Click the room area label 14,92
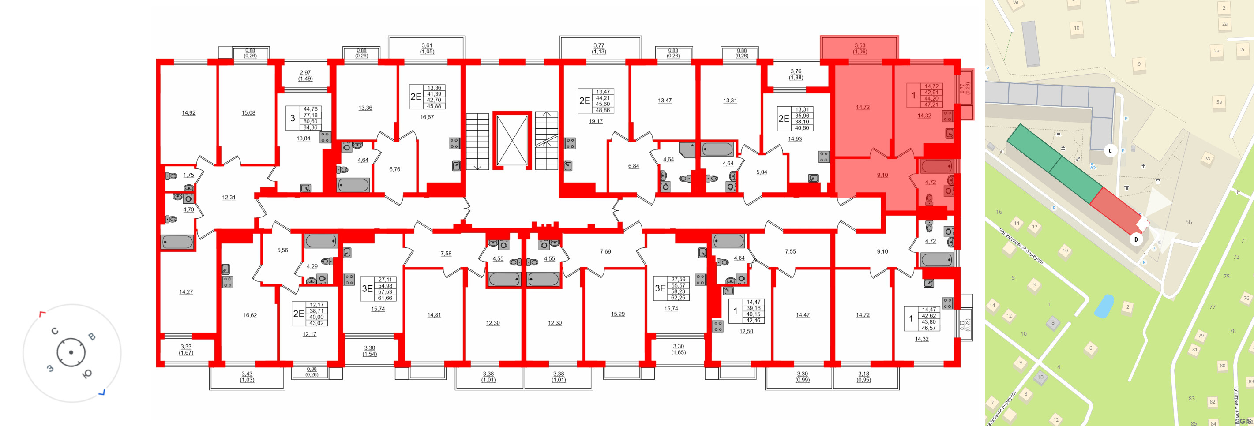[x=188, y=113]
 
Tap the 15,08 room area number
[x=248, y=113]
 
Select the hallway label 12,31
[x=229, y=198]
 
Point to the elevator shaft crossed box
[x=512, y=140]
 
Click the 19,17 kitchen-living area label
[x=595, y=121]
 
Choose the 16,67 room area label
[x=427, y=117]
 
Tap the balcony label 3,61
[x=427, y=46]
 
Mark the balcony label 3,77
[x=599, y=46]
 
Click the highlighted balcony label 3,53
[x=860, y=46]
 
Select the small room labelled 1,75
[x=188, y=175]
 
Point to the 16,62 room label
[x=250, y=315]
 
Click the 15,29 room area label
[x=618, y=314]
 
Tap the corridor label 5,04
[x=762, y=172]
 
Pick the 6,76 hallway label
[x=394, y=169]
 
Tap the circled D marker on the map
[x=1136, y=239]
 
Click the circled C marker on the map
[x=1111, y=151]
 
